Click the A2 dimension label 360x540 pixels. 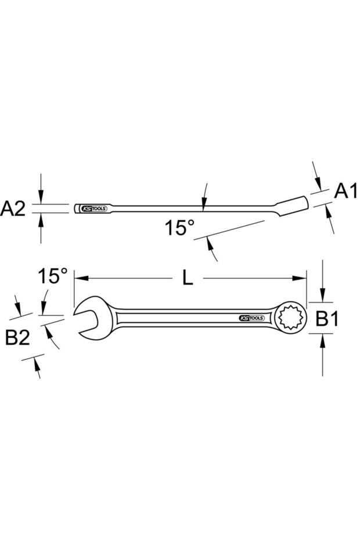pos(13,208)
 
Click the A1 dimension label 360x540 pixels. pos(347,191)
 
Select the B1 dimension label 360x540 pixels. pos(327,318)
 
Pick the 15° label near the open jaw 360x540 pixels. pos(53,276)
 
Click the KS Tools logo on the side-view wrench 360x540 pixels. pos(93,208)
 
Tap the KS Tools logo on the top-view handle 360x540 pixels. pos(251,318)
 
